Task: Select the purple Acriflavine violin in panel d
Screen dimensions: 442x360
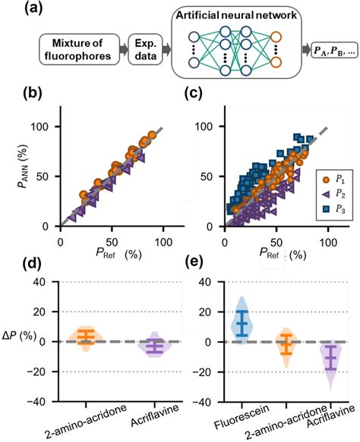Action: (x=155, y=346)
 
